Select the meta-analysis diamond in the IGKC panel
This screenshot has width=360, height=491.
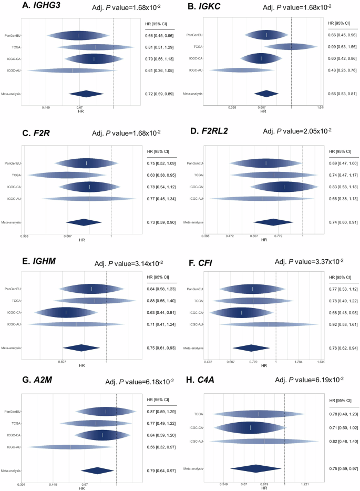(266, 94)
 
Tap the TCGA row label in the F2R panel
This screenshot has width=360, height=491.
(15, 175)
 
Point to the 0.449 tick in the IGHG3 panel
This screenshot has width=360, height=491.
(46, 107)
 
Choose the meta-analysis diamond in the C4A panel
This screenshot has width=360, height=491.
(255, 468)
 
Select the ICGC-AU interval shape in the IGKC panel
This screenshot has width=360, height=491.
(242, 70)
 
